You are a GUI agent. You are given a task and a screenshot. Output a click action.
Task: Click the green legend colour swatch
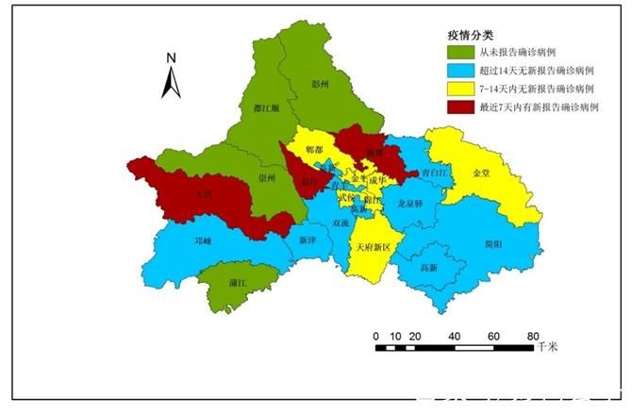(461, 53)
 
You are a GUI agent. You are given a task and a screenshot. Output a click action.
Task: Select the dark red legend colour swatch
(461, 106)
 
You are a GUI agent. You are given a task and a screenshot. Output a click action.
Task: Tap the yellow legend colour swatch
(461, 88)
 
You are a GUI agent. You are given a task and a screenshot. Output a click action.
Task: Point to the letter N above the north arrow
(172, 58)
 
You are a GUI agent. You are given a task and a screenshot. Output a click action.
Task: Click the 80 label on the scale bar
(533, 337)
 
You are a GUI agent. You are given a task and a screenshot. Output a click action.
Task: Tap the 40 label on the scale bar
(455, 337)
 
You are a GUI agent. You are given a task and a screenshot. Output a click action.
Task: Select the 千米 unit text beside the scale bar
(547, 347)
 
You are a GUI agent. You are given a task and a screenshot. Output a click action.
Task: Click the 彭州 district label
(321, 84)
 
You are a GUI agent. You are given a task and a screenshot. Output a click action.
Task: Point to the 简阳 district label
(492, 242)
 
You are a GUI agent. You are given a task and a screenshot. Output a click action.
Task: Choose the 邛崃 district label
(203, 241)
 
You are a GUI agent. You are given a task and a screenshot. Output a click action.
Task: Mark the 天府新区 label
(373, 247)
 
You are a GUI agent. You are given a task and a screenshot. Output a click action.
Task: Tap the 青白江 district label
(436, 174)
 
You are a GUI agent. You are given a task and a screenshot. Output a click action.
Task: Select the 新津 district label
(308, 240)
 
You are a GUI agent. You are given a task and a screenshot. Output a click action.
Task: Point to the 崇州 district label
(267, 177)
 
